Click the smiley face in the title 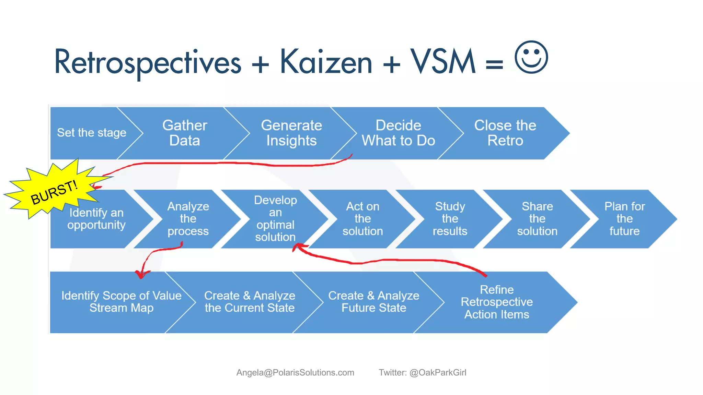[x=531, y=57]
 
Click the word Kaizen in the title [x=326, y=62]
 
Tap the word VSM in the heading [x=443, y=62]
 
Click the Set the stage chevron [x=91, y=133]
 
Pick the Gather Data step [x=185, y=133]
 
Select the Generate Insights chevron [x=291, y=133]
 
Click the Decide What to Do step [x=398, y=133]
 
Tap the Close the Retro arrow [x=505, y=133]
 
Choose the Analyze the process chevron [x=188, y=219]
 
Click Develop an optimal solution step [x=275, y=219]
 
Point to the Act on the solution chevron [x=362, y=219]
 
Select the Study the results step [x=450, y=219]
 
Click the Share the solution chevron [x=537, y=219]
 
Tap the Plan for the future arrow [x=624, y=219]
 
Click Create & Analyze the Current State [x=250, y=302]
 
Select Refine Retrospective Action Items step [x=496, y=302]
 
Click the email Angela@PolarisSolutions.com [x=295, y=373]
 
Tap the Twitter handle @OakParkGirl [x=438, y=373]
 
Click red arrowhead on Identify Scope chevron [x=141, y=274]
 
